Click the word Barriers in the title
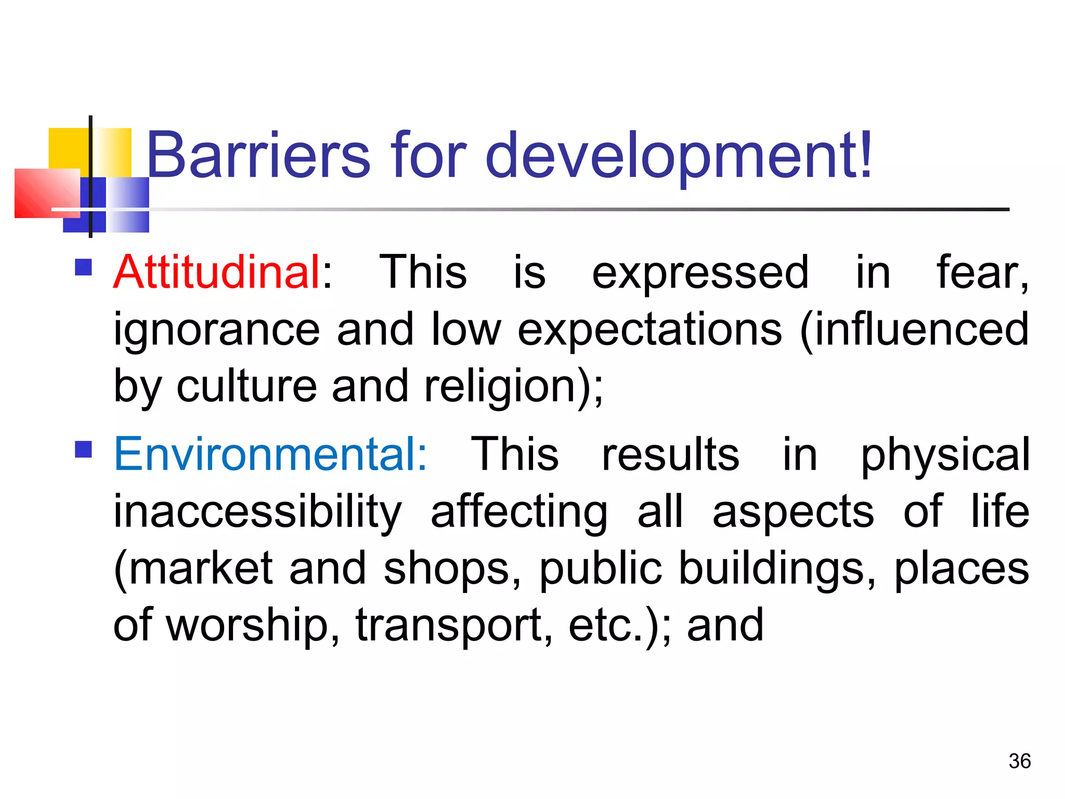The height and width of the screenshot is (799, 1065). (x=258, y=155)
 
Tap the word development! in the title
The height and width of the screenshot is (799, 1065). (x=679, y=155)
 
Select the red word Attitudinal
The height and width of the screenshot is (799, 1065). (x=217, y=272)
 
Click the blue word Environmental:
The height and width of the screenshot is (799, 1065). (x=270, y=455)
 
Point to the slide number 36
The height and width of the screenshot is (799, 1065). (x=1019, y=762)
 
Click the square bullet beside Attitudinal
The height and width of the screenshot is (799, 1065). (x=84, y=267)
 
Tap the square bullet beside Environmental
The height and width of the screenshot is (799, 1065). (x=84, y=449)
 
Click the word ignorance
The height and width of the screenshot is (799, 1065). (x=217, y=330)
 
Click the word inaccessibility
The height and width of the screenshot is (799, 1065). (x=258, y=512)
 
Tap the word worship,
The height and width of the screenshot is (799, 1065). (x=253, y=626)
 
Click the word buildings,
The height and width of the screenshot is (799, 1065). (x=777, y=569)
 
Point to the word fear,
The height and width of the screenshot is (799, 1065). (x=982, y=273)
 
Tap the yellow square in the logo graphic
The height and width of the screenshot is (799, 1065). (x=68, y=148)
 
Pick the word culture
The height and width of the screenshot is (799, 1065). (x=246, y=387)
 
